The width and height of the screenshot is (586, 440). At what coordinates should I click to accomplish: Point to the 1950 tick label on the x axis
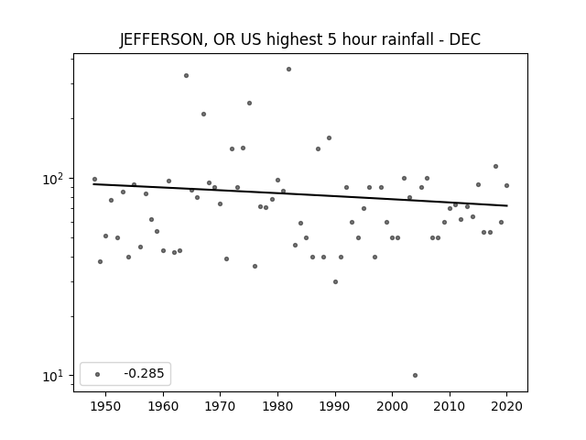tap(106, 406)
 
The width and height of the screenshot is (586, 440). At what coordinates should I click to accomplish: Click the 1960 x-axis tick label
tap(163, 406)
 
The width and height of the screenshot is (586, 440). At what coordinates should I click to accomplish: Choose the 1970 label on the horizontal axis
tap(221, 406)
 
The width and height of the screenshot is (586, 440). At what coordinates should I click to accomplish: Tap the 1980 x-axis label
tap(277, 406)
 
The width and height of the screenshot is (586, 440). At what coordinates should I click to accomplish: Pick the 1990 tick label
tap(335, 406)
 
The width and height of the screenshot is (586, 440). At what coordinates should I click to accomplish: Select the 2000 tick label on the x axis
tap(393, 406)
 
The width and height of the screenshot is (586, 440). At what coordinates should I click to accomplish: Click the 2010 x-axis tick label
tap(450, 406)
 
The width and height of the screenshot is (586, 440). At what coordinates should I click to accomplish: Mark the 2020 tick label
tap(506, 406)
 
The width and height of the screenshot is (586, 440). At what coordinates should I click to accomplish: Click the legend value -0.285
tap(144, 373)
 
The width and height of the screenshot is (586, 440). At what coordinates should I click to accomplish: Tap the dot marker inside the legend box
tap(98, 374)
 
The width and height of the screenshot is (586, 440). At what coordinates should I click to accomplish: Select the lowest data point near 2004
tap(415, 375)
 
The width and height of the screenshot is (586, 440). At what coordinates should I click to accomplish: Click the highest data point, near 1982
tap(289, 70)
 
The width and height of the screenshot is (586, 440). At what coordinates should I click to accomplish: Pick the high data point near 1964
tap(186, 75)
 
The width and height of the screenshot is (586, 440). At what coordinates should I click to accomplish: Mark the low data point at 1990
tap(336, 281)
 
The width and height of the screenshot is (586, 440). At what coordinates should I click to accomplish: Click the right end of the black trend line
tap(507, 205)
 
